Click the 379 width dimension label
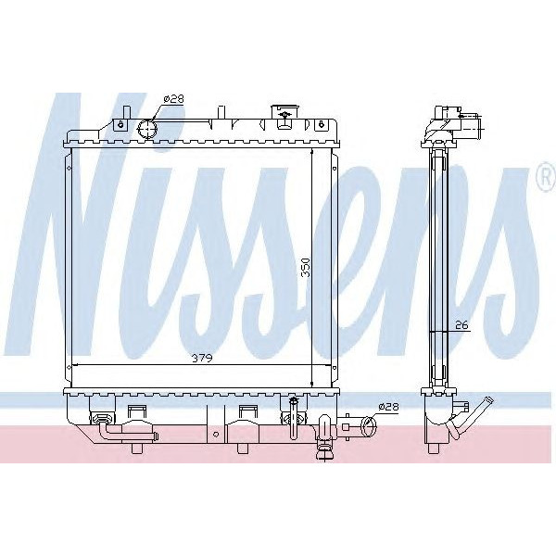click(202, 359)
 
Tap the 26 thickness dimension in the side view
click(461, 324)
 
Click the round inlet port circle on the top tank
click(147, 129)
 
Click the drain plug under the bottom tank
click(325, 451)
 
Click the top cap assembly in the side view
click(454, 122)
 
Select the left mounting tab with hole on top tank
click(121, 120)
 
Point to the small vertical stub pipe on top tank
click(221, 115)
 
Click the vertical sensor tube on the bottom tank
click(293, 412)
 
